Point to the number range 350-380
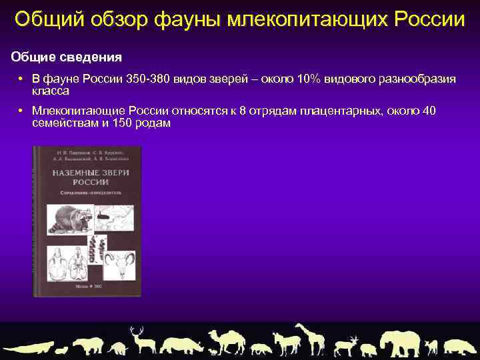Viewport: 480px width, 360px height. (x=147, y=79)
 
